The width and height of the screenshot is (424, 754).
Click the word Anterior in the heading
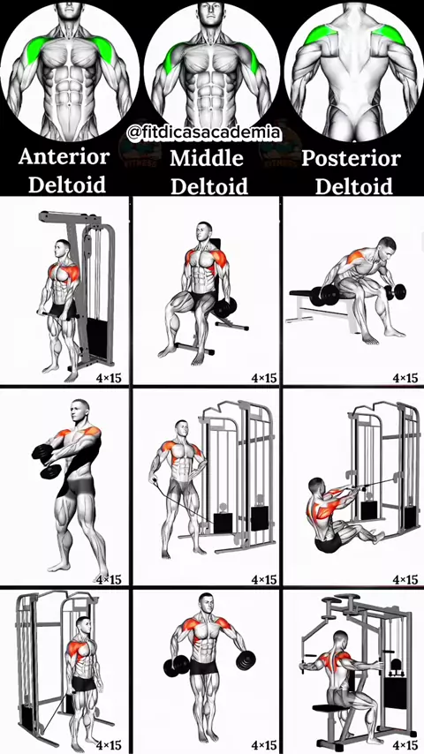coord(64,157)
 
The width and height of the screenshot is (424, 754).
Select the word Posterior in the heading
coord(351,159)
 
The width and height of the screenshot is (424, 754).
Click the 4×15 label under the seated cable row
coord(405,579)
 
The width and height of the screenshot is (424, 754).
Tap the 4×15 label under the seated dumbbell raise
coord(264,378)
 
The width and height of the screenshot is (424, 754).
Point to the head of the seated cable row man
coord(316,487)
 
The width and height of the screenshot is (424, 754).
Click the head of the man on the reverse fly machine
coord(341,640)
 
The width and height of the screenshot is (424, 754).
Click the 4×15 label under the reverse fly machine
coord(405,745)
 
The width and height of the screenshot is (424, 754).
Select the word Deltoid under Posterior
coord(353,186)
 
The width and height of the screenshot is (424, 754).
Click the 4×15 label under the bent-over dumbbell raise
coord(405,378)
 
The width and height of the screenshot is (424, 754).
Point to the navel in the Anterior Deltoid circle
coord(70,105)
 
